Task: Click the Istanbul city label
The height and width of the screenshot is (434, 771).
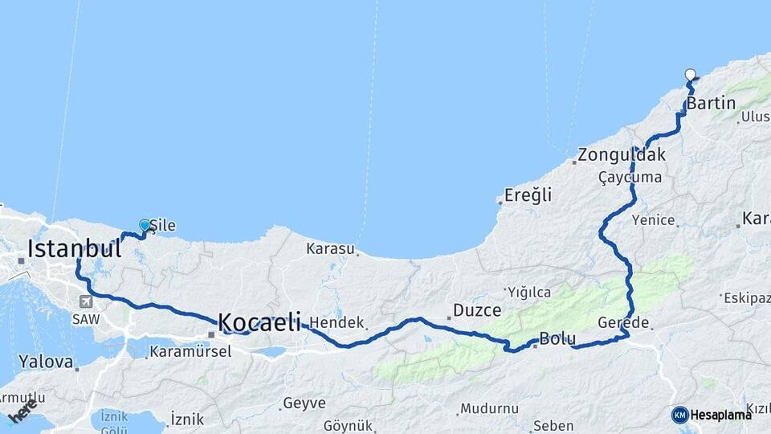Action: (74, 248)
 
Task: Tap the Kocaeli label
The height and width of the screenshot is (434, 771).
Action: (259, 323)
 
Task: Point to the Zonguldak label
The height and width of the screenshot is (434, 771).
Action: (622, 156)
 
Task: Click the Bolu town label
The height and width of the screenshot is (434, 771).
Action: (557, 338)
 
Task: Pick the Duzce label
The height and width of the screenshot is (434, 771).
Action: (477, 310)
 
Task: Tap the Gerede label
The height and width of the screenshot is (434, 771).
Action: (623, 322)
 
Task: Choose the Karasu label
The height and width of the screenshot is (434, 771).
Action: (330, 249)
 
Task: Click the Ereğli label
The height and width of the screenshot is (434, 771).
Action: (528, 194)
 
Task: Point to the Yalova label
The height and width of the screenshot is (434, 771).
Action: (46, 362)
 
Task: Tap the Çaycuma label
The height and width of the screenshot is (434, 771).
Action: (630, 177)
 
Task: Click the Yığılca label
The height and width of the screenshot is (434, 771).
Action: (528, 291)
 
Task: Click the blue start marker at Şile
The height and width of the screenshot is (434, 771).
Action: (145, 226)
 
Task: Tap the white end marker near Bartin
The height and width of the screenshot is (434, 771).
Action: (690, 75)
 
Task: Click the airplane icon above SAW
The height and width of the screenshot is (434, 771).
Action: (86, 301)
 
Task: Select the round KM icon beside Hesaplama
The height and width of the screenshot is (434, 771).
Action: (679, 415)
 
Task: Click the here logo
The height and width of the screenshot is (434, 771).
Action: (22, 411)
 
